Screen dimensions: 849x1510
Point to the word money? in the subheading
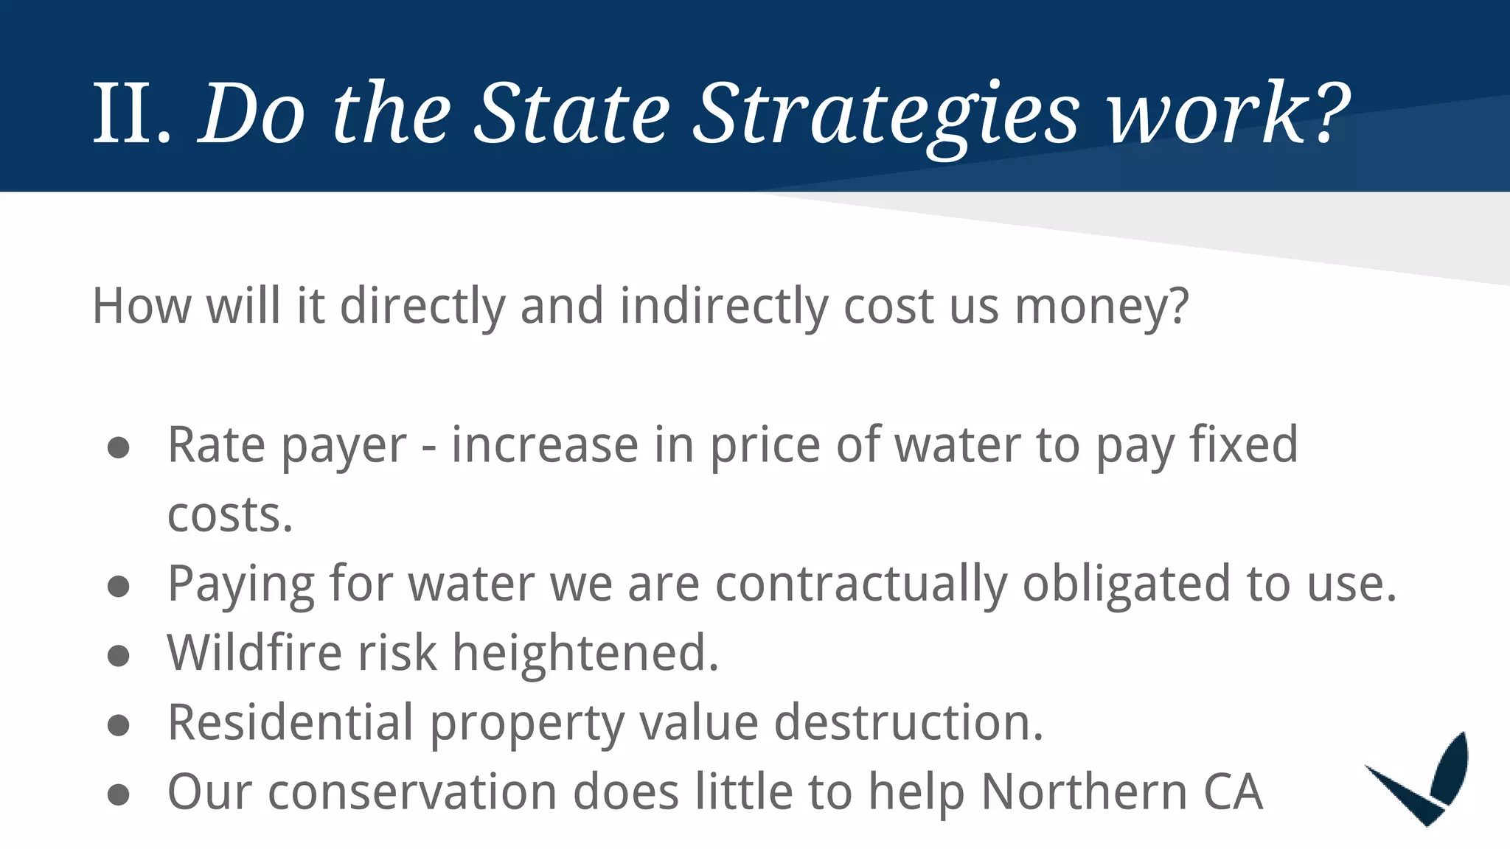[1102, 307]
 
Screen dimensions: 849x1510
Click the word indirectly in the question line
[724, 307]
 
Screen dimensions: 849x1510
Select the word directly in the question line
[422, 307]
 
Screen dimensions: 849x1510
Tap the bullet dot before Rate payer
[119, 448]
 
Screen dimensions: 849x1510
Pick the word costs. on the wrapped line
[230, 514]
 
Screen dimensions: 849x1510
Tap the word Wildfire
[254, 653]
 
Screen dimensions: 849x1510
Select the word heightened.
[585, 653]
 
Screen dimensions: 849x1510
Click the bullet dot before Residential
[119, 725]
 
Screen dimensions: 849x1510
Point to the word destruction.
[908, 722]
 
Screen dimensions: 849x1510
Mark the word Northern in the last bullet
[1085, 792]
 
